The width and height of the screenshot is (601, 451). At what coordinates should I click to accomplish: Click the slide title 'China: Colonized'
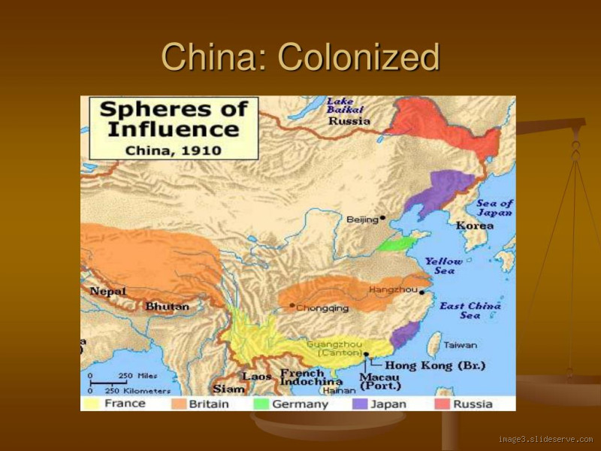click(x=300, y=57)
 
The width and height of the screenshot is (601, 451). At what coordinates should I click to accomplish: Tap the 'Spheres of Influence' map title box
click(x=174, y=128)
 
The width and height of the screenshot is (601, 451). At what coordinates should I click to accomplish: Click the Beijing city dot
click(x=382, y=218)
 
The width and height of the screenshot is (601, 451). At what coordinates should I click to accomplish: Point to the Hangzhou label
click(x=393, y=289)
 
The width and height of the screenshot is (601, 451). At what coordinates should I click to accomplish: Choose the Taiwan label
click(x=460, y=345)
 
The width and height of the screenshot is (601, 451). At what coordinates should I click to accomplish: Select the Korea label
click(x=475, y=225)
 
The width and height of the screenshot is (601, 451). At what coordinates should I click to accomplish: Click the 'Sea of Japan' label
click(x=495, y=207)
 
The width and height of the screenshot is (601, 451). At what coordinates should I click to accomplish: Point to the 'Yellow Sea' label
click(x=444, y=265)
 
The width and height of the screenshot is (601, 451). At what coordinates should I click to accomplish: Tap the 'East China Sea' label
click(x=470, y=310)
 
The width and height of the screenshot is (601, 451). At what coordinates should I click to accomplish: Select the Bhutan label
click(x=167, y=306)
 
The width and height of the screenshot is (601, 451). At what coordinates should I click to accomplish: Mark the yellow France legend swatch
click(x=92, y=404)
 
